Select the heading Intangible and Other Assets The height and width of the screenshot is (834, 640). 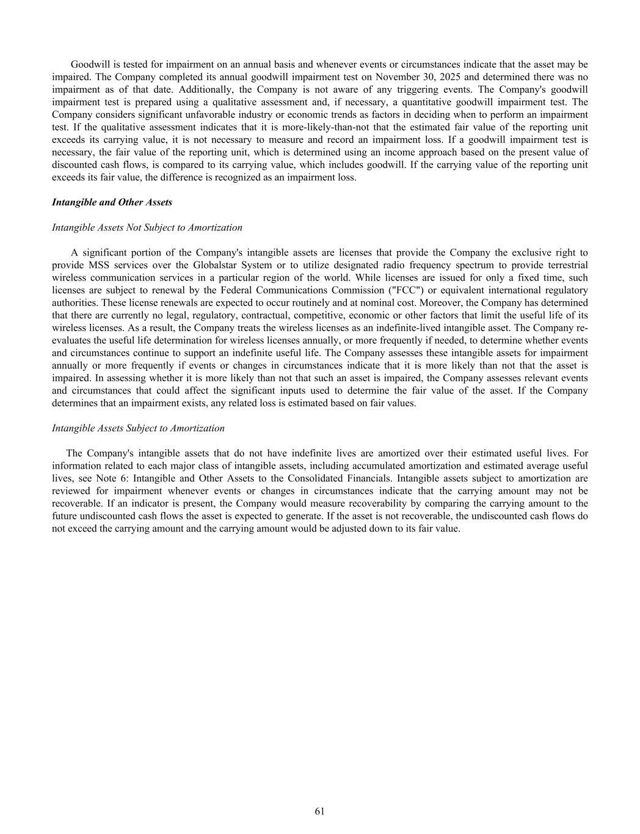tap(112, 202)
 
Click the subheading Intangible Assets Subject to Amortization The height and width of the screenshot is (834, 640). tap(138, 428)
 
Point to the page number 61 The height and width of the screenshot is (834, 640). tap(319, 811)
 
